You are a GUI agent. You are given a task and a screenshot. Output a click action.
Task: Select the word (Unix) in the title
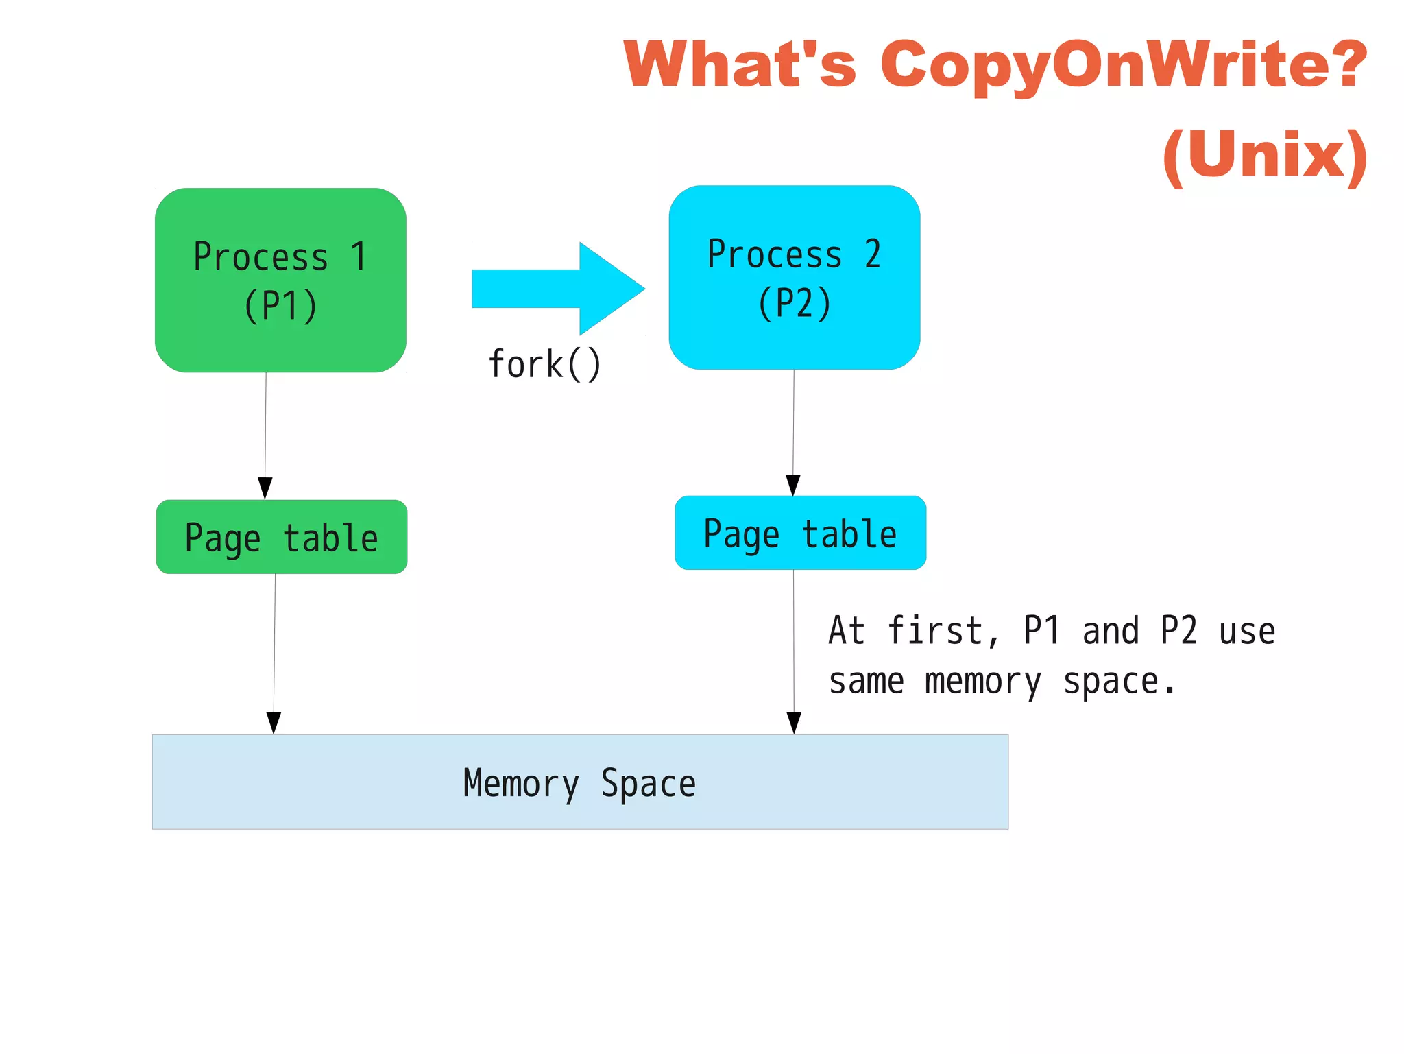click(x=1265, y=156)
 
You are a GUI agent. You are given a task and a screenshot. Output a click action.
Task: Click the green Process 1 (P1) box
click(x=280, y=280)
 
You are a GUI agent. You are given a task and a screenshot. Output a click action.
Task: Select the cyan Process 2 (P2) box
click(x=794, y=277)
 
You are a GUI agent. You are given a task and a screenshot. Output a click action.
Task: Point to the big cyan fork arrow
click(x=559, y=289)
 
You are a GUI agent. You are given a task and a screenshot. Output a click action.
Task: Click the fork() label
click(x=544, y=363)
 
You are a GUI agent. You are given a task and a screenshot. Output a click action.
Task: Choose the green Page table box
click(x=281, y=537)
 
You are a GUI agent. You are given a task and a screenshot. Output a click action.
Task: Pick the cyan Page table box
click(x=800, y=533)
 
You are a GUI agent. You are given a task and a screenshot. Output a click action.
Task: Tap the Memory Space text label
click(x=579, y=783)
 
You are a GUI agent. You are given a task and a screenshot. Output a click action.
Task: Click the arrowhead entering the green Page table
click(x=265, y=488)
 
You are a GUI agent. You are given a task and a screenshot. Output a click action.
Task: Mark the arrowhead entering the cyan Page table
click(x=793, y=485)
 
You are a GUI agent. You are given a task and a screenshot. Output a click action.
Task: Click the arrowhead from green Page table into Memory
click(x=274, y=723)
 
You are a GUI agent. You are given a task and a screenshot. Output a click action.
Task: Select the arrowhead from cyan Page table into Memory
click(x=794, y=723)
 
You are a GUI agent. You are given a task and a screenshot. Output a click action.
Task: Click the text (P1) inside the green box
click(x=280, y=306)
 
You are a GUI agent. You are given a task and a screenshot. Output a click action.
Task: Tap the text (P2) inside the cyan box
click(x=795, y=303)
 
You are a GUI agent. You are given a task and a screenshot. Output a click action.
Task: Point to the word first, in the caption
click(x=943, y=631)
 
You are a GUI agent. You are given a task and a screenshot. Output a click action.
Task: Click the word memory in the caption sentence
click(x=982, y=682)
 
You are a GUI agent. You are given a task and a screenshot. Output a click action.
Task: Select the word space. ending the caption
click(x=1119, y=682)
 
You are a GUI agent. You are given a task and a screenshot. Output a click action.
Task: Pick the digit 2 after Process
click(x=872, y=254)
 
